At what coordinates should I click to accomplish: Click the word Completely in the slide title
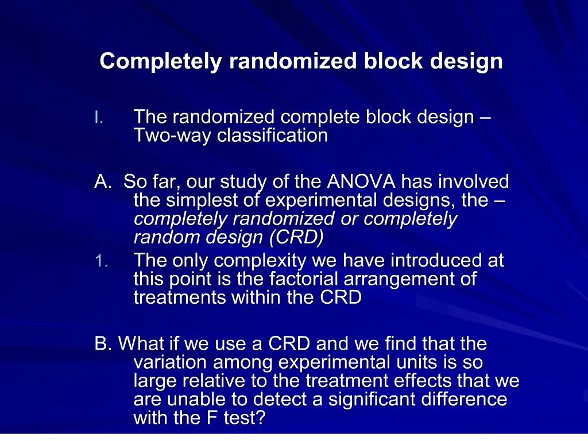tap(161, 61)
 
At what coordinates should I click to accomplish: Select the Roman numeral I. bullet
tap(99, 118)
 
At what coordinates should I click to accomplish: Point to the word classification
tap(273, 135)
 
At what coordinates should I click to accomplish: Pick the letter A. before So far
tap(103, 182)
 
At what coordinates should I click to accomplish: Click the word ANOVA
tap(361, 182)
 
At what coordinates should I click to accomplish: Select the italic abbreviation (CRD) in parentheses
tap(296, 237)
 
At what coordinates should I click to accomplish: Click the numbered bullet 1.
tap(101, 261)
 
